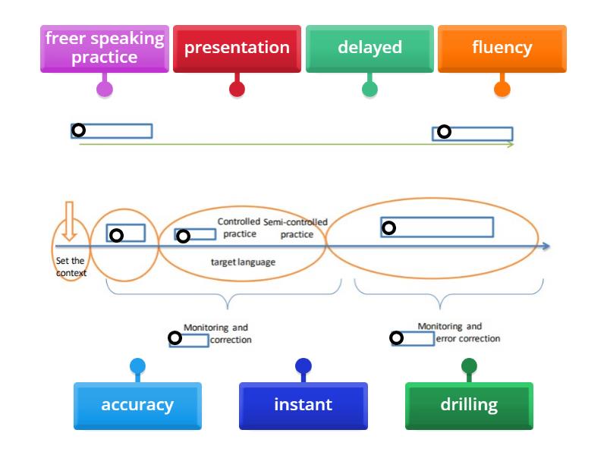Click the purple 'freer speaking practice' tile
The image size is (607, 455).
[x=105, y=48]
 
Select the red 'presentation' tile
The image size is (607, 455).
[x=237, y=48]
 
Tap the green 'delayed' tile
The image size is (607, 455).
[x=370, y=48]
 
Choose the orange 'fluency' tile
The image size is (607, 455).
[x=502, y=48]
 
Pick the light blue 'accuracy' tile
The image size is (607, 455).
[x=137, y=405]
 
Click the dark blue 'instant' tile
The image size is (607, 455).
[x=303, y=405]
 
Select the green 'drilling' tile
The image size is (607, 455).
[x=469, y=405]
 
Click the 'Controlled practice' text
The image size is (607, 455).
[x=239, y=227]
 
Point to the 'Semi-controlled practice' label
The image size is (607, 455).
[x=296, y=228]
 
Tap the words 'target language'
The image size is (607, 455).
[x=242, y=262]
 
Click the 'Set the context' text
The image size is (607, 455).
[x=71, y=267]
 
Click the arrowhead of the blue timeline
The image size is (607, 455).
[x=546, y=246]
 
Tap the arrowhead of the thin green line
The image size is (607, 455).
[x=511, y=143]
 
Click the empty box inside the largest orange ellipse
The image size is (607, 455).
[x=437, y=227]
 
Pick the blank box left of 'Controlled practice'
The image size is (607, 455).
[x=195, y=234]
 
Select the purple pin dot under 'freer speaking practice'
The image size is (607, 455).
[x=105, y=89]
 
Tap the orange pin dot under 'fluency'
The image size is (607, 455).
[x=502, y=89]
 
